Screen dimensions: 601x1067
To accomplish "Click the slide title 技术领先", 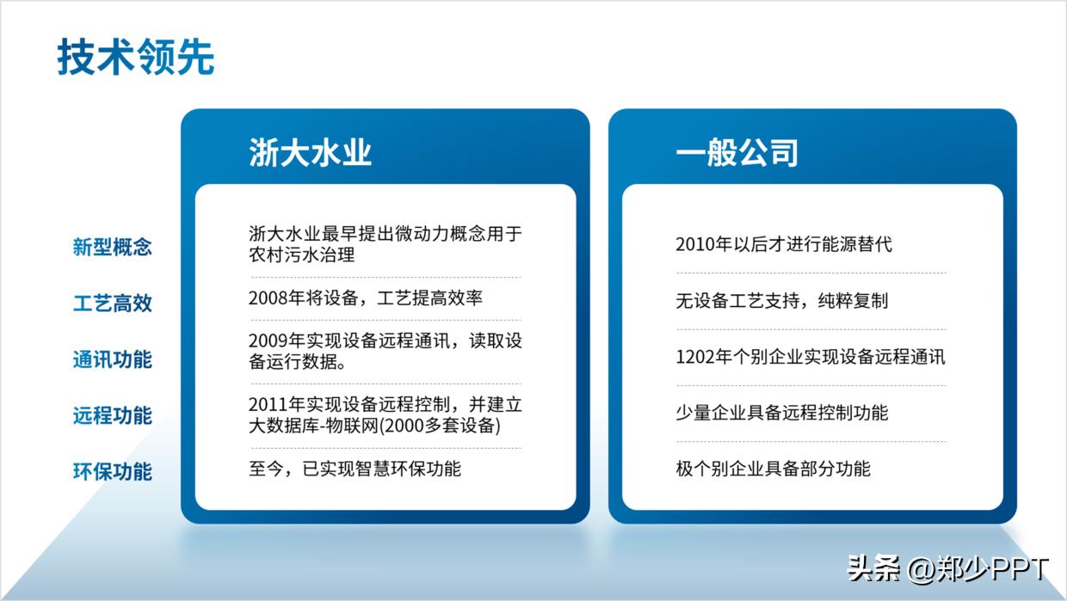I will [x=136, y=58].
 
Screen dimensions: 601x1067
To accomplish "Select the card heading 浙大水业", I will [x=310, y=153].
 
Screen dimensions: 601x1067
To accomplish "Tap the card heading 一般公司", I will [x=737, y=153].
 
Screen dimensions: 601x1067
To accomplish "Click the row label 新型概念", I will [x=113, y=248].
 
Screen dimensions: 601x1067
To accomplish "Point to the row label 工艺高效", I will [x=113, y=304].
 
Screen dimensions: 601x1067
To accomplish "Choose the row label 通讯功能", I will [x=113, y=359].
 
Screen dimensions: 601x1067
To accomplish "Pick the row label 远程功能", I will [x=113, y=416].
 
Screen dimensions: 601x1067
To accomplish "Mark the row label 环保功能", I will [x=113, y=472].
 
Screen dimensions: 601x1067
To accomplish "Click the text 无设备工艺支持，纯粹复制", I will [x=781, y=301].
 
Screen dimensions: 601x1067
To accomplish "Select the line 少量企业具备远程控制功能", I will [x=781, y=413].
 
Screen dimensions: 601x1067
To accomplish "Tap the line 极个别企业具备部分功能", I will [x=773, y=469].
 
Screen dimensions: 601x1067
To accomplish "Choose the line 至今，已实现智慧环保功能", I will [x=355, y=469].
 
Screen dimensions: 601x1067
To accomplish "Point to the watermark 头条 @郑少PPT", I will [x=947, y=568].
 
